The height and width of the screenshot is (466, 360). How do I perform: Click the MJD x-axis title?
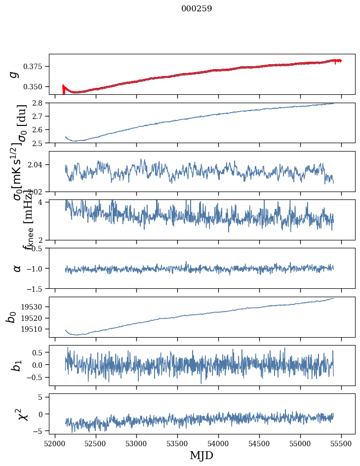201,455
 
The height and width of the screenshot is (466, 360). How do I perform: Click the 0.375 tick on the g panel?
36,67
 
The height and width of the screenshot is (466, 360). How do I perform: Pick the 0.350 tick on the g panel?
36,87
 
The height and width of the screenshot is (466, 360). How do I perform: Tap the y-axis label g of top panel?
15,74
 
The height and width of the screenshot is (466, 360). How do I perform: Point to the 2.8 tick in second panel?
40,103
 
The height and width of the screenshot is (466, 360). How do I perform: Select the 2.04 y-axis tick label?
38,164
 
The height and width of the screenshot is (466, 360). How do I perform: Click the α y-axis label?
17,268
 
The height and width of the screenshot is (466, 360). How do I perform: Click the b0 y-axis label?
12,317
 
